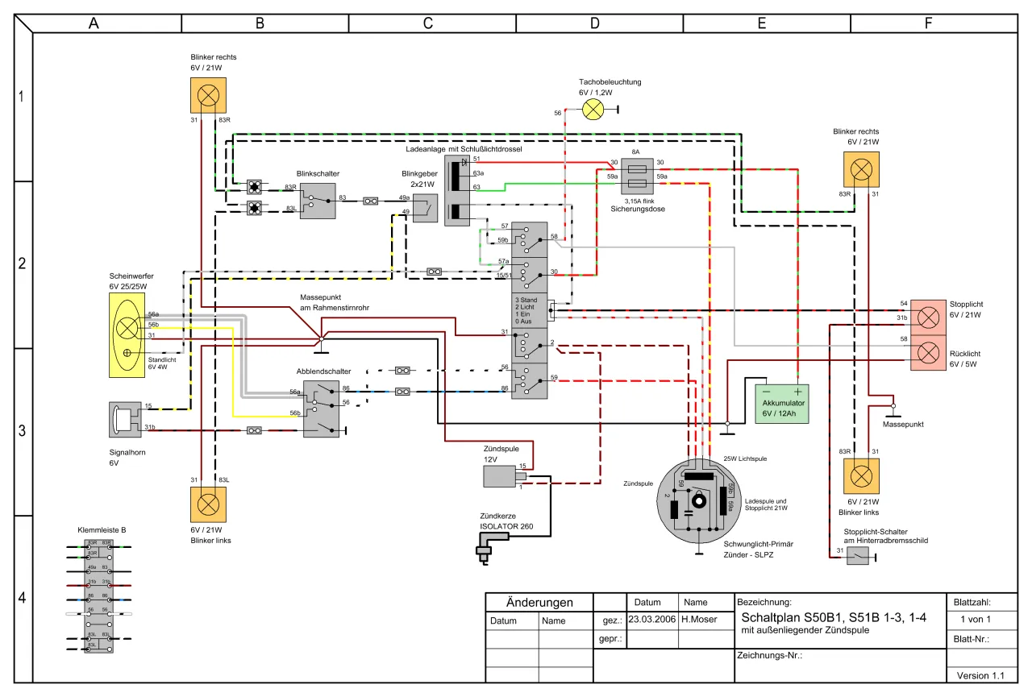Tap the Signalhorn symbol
point(125,419)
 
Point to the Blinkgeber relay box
point(419,207)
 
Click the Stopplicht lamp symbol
point(929,317)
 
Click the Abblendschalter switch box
point(321,409)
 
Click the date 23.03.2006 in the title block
point(651,620)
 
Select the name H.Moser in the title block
point(700,620)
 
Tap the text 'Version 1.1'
point(980,675)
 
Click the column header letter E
point(761,23)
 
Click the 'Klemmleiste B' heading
point(102,530)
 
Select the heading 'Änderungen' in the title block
point(539,603)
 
